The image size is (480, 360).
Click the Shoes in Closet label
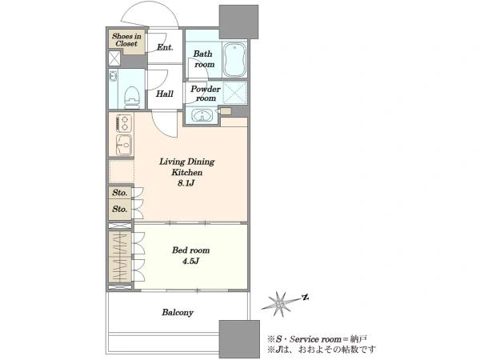[126, 40]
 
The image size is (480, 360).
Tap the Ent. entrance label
[165, 47]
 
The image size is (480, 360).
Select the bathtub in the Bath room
[234, 60]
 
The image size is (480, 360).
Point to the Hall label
[165, 94]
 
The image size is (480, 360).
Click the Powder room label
[206, 94]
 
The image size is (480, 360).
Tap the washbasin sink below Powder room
[202, 116]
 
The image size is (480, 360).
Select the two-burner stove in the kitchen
[124, 123]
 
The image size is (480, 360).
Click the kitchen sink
[124, 145]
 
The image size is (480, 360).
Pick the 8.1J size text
[186, 183]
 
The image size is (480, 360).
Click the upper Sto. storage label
[120, 193]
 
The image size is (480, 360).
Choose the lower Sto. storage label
[120, 210]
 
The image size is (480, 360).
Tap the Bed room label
[190, 250]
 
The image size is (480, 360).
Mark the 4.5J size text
[190, 261]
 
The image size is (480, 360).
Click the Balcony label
[178, 313]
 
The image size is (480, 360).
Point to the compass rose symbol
[280, 304]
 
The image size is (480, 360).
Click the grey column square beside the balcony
[239, 339]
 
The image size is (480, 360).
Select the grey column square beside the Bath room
[239, 22]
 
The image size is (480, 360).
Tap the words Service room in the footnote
[315, 339]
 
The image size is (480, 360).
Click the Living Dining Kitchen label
[186, 167]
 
